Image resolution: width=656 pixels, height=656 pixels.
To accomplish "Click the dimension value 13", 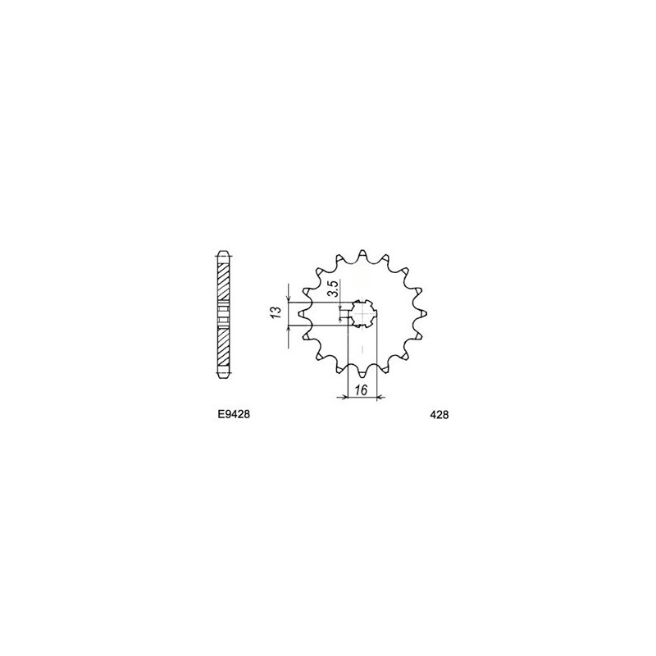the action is pyautogui.click(x=276, y=313).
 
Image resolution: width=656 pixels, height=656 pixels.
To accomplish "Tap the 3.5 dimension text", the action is pyautogui.click(x=333, y=289).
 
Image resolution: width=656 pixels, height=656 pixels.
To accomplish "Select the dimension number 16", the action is pyautogui.click(x=361, y=391).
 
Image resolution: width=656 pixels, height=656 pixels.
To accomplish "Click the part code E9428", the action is pyautogui.click(x=234, y=415).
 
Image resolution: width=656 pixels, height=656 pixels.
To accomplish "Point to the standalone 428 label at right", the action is pyautogui.click(x=440, y=415).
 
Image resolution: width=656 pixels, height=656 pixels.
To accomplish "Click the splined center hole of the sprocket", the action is pyautogui.click(x=362, y=314).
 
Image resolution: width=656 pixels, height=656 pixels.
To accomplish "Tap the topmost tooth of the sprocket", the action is pyautogui.click(x=362, y=253).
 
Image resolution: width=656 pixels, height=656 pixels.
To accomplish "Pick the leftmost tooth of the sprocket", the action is pyautogui.click(x=302, y=313).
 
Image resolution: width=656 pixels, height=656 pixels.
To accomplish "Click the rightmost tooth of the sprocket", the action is pyautogui.click(x=423, y=313).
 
